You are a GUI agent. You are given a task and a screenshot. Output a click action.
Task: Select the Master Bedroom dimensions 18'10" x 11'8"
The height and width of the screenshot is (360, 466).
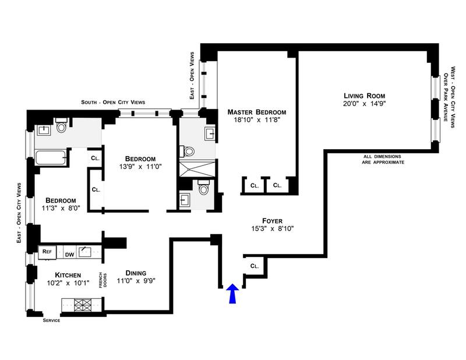click(256, 121)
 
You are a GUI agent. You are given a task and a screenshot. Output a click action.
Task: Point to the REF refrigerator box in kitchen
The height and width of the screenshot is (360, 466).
click(47, 253)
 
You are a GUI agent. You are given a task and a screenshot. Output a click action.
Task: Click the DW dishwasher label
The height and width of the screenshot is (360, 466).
click(69, 254)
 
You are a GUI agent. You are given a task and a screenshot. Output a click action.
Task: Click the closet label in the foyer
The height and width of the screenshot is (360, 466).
click(253, 266)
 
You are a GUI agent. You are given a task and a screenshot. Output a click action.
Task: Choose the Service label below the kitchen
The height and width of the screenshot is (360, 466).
click(52, 320)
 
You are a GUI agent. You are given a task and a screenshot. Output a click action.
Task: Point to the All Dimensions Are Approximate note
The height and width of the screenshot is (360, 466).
click(383, 159)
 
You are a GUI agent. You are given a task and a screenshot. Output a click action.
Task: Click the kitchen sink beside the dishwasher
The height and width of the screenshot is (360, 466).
click(86, 252)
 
